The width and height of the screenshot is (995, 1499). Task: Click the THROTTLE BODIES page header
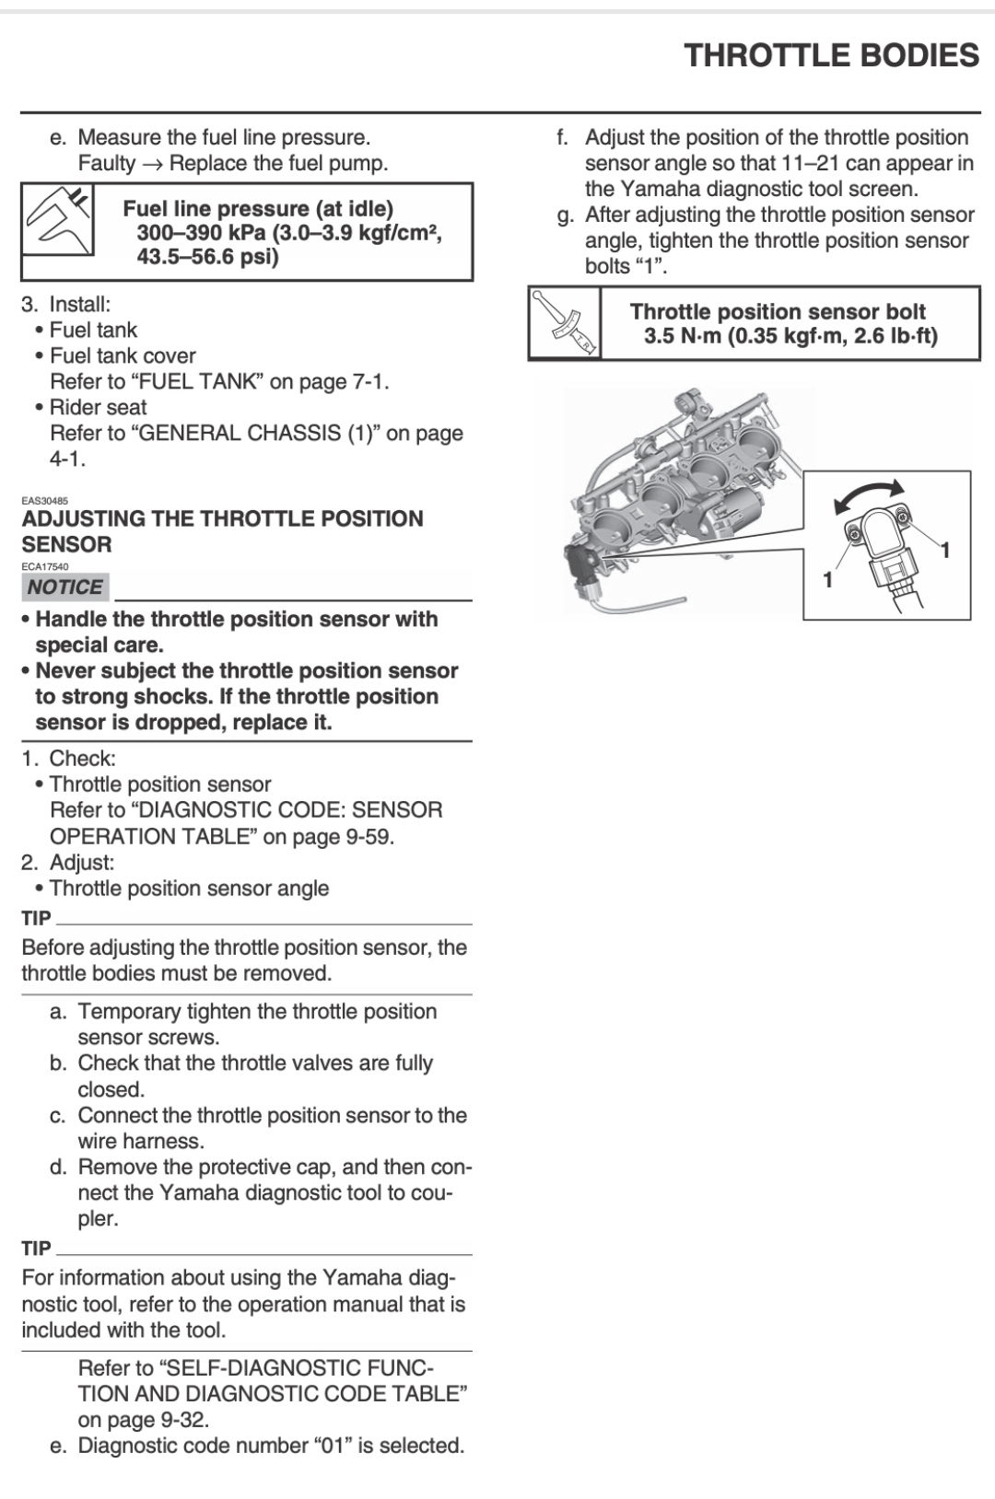point(831,55)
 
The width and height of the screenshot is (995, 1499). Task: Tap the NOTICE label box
point(64,587)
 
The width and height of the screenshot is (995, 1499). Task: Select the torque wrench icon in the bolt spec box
point(565,321)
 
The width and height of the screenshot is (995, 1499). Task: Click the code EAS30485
point(44,502)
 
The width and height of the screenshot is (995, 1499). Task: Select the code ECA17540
point(44,567)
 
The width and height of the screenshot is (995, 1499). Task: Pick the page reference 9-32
point(182,1420)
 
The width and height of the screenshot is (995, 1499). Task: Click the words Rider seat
point(98,407)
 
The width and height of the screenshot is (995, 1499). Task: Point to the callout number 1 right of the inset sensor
point(944,550)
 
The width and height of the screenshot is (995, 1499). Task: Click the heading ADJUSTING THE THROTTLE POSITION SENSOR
point(222,531)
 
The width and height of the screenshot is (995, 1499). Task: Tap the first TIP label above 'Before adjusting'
point(37,918)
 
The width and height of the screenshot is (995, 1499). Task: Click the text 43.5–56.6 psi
point(207,257)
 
